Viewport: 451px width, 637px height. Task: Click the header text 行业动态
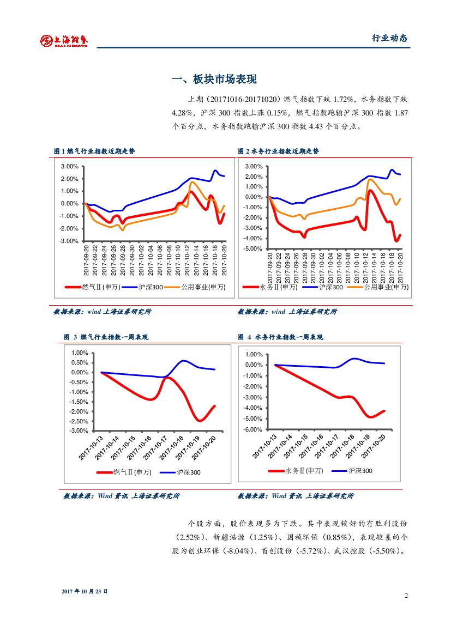389,38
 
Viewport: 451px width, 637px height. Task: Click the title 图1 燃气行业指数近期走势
94,151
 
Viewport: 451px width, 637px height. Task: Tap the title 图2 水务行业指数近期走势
279,151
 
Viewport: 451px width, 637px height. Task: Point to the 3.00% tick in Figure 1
69,166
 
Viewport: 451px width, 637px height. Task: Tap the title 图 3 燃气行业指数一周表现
106,337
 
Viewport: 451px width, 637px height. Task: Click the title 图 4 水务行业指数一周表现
280,337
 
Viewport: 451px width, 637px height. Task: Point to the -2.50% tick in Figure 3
79,421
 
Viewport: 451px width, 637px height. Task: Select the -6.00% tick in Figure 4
252,429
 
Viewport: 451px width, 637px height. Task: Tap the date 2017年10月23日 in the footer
85,591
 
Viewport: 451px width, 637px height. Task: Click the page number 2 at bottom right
406,596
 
